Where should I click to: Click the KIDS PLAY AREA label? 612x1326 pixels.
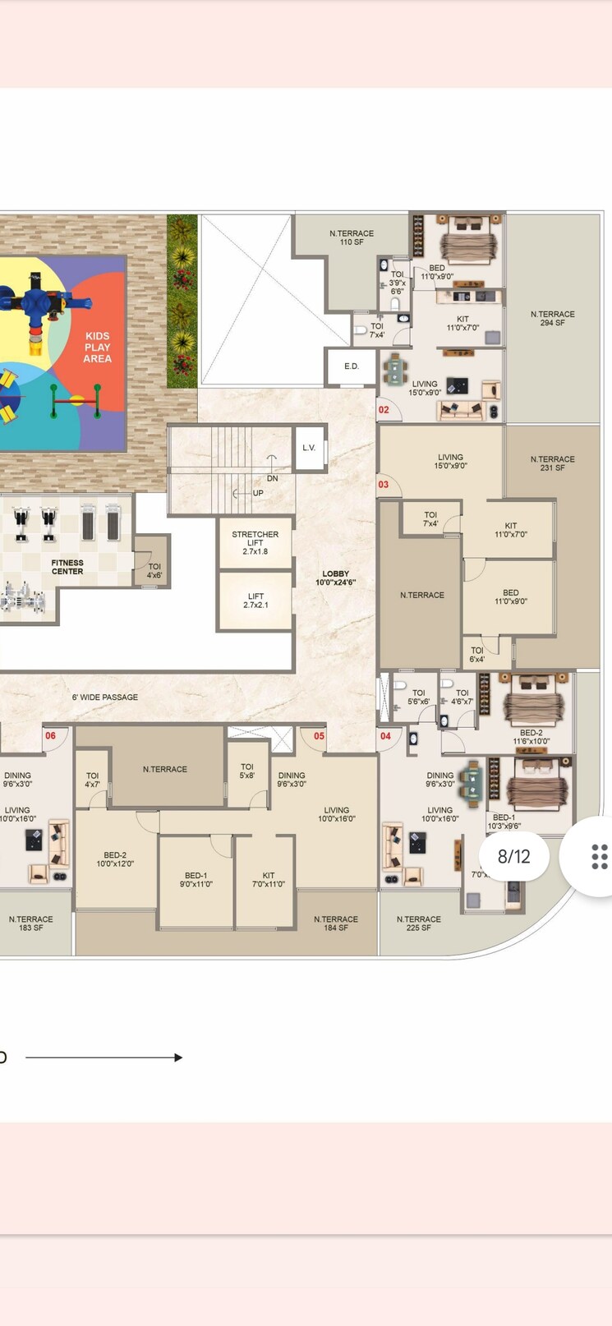pyautogui.click(x=97, y=347)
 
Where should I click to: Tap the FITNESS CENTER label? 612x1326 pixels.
pyautogui.click(x=67, y=567)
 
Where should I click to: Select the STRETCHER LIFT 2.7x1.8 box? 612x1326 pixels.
pyautogui.click(x=255, y=543)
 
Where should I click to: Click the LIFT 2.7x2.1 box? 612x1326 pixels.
pyautogui.click(x=255, y=601)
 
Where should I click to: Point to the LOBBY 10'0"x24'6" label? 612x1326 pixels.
pyautogui.click(x=335, y=578)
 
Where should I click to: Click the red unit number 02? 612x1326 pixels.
pyautogui.click(x=384, y=410)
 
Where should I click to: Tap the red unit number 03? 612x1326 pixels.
pyautogui.click(x=384, y=485)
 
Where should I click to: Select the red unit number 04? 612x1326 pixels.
pyautogui.click(x=385, y=736)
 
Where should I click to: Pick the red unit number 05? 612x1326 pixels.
pyautogui.click(x=319, y=736)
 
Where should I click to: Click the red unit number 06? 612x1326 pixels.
pyautogui.click(x=50, y=736)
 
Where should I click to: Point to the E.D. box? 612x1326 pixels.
pyautogui.click(x=352, y=366)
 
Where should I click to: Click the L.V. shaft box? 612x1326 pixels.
pyautogui.click(x=309, y=448)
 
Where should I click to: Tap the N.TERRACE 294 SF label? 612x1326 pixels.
pyautogui.click(x=552, y=319)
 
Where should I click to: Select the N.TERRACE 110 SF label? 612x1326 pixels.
pyautogui.click(x=352, y=237)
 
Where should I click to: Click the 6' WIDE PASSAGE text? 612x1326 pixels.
pyautogui.click(x=105, y=698)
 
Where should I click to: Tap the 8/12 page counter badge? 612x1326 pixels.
pyautogui.click(x=514, y=856)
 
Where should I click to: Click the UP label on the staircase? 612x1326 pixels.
pyautogui.click(x=258, y=493)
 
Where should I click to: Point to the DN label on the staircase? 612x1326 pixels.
pyautogui.click(x=272, y=478)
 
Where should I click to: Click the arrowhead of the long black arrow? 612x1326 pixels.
pyautogui.click(x=178, y=1057)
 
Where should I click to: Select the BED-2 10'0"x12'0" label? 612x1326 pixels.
pyautogui.click(x=115, y=859)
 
